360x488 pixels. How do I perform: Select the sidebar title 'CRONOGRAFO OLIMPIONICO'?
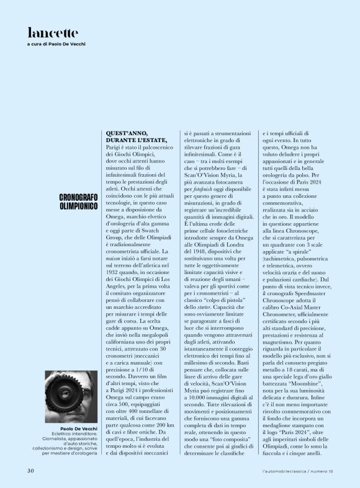coord(78,201)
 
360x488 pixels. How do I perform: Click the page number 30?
coord(30,471)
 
